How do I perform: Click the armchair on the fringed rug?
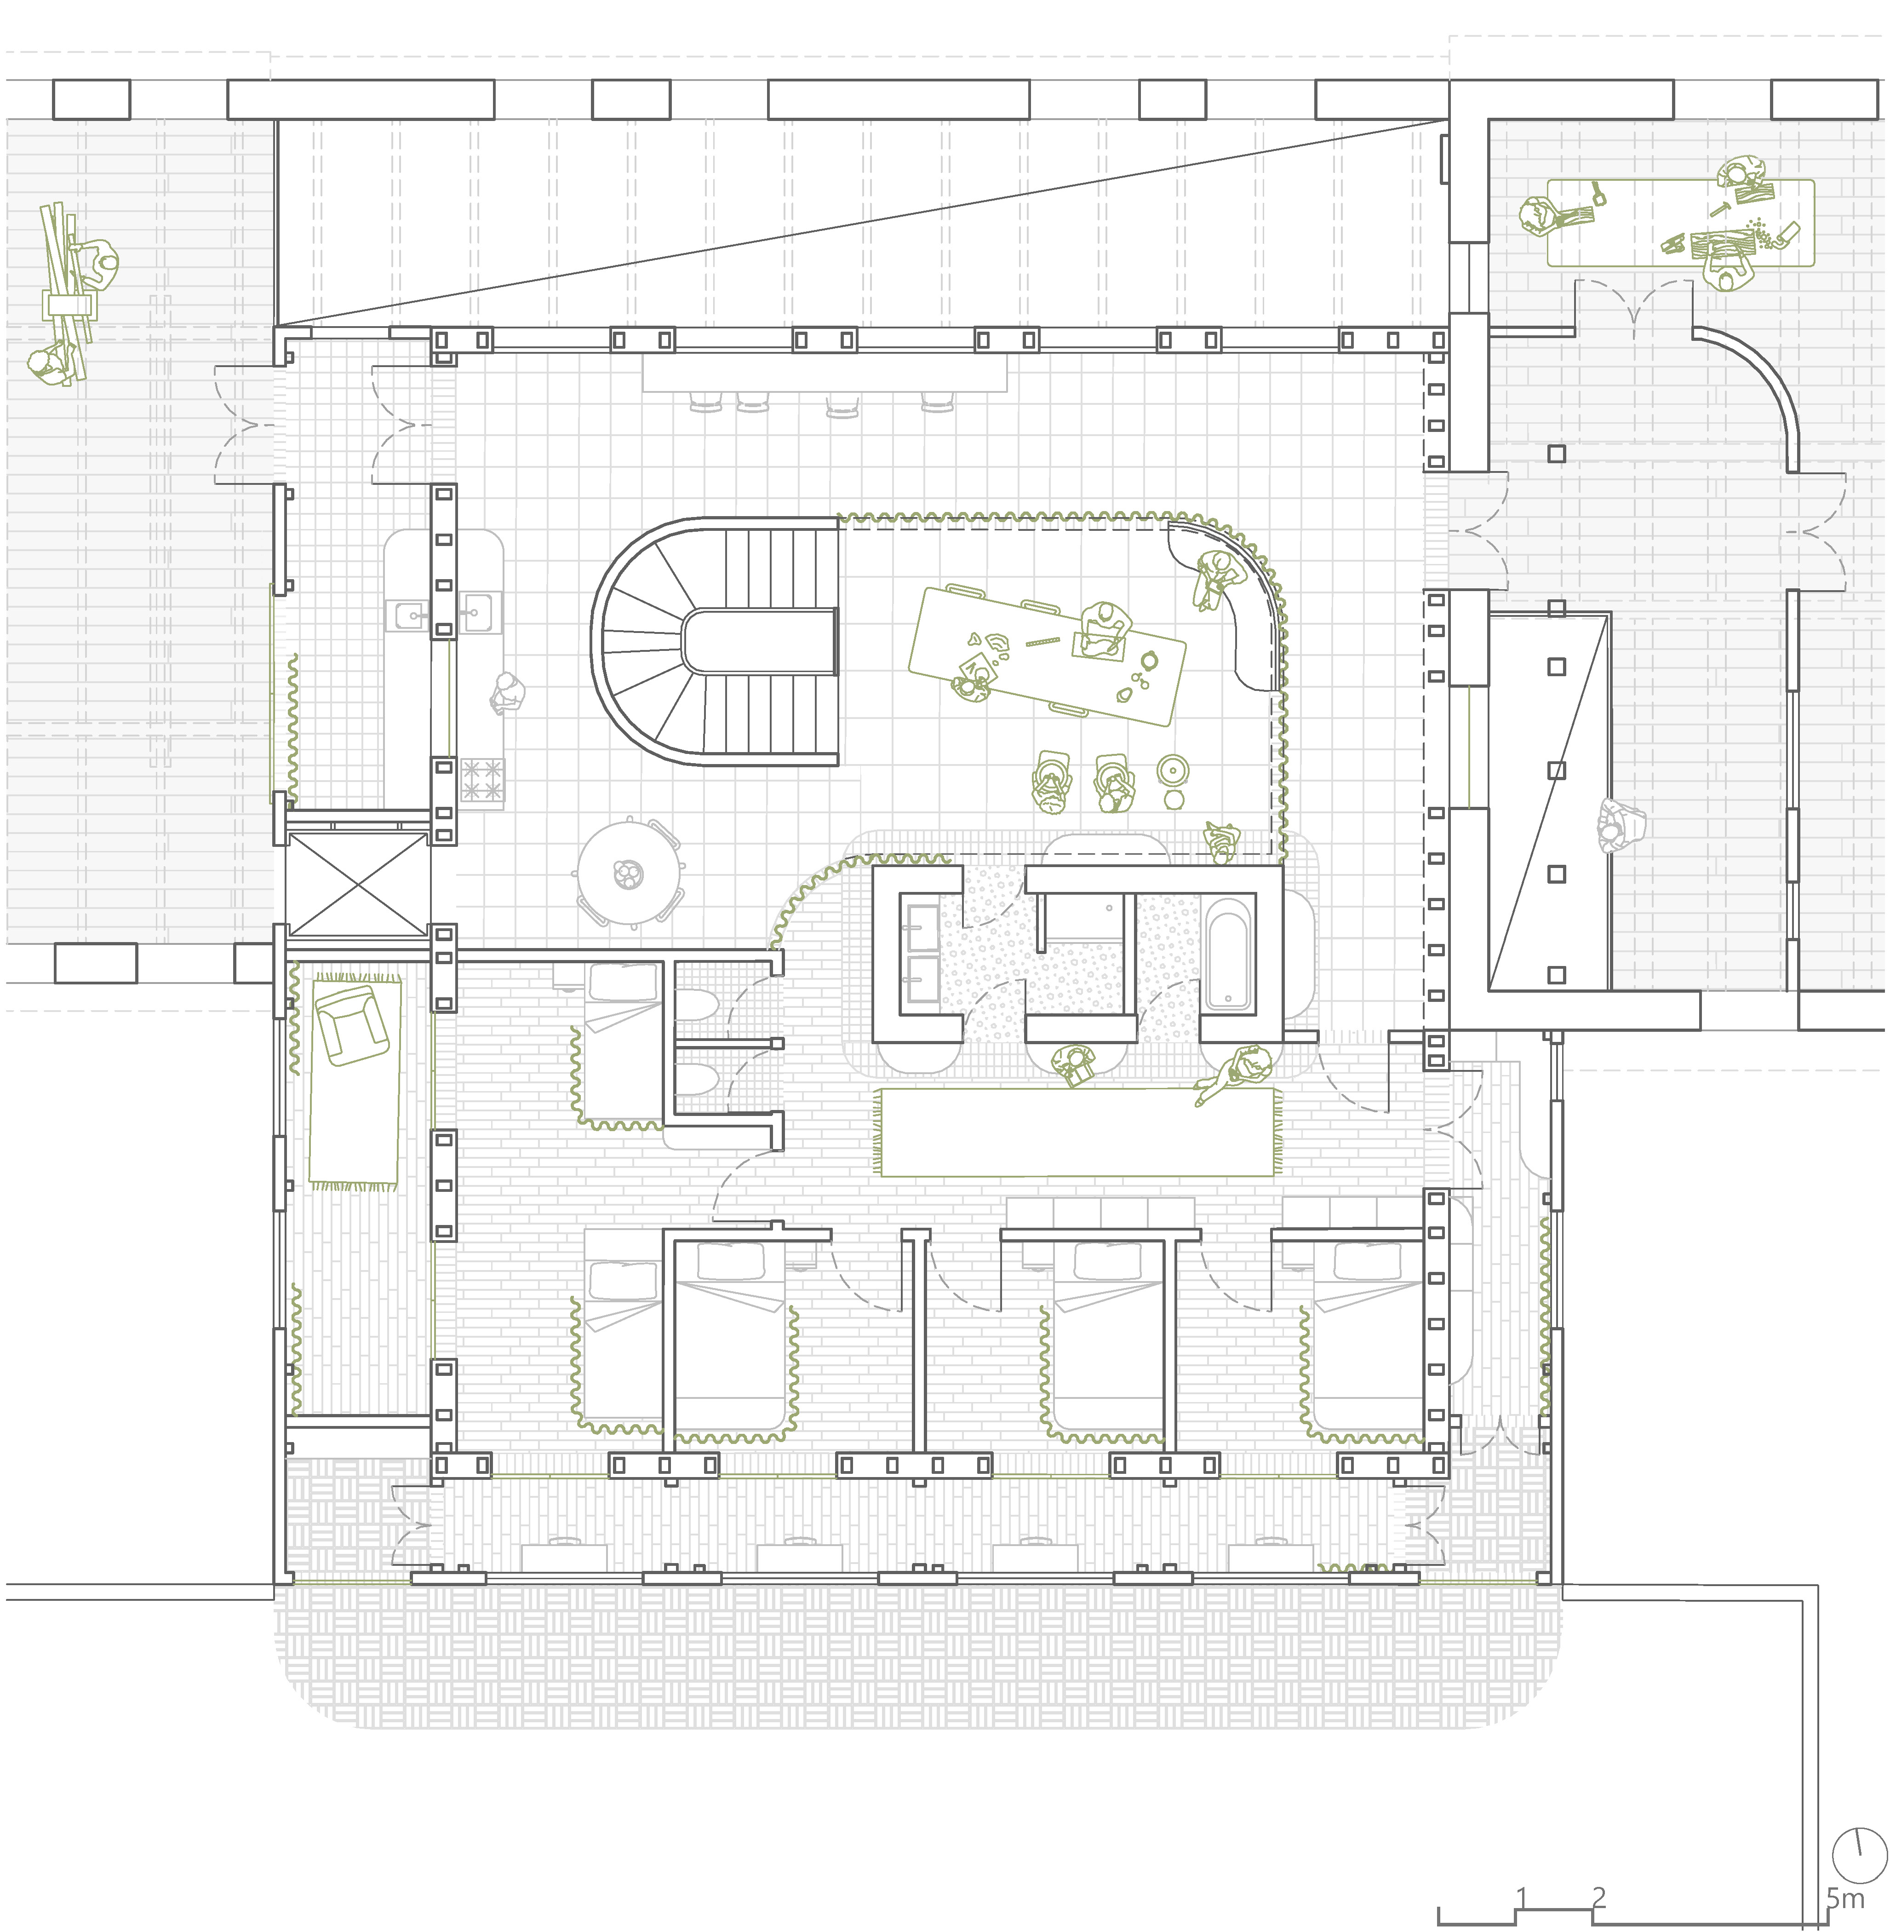(x=350, y=1027)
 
